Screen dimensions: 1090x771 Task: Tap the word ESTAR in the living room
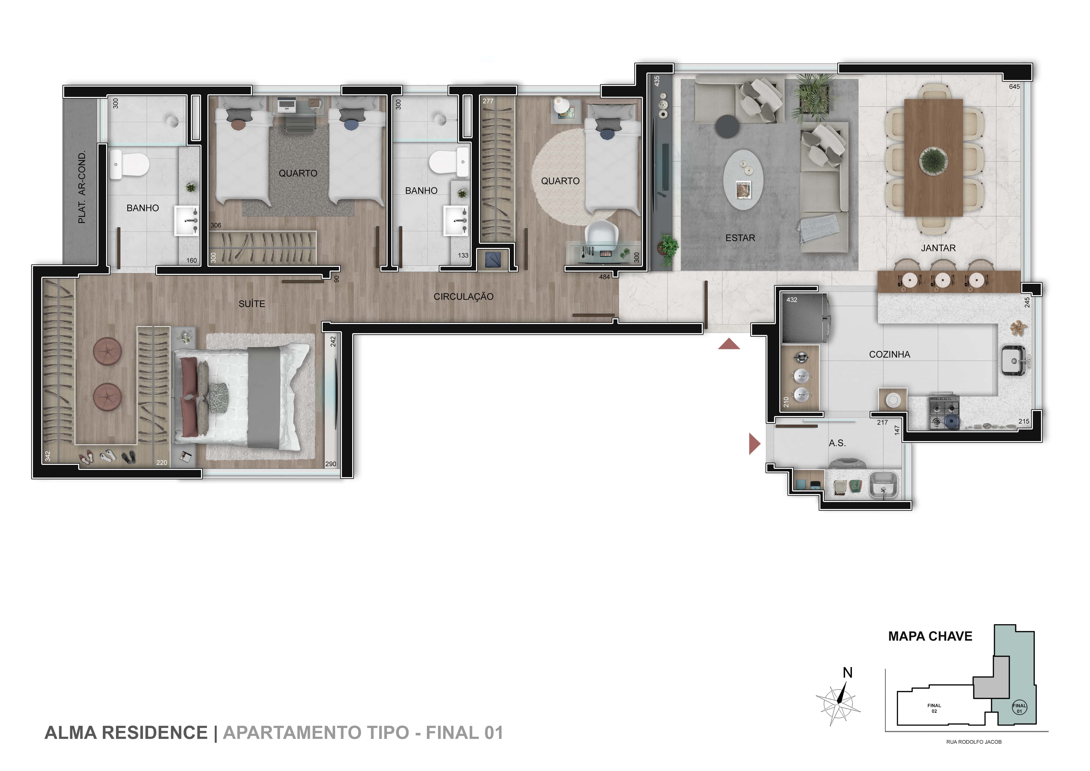tap(740, 238)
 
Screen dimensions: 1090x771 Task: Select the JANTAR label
tap(938, 248)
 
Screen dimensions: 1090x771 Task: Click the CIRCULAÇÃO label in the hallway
tap(463, 297)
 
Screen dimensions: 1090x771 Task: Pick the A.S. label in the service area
tap(837, 443)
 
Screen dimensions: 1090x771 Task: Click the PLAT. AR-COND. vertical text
tap(82, 187)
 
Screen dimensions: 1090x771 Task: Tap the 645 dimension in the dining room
tap(1014, 86)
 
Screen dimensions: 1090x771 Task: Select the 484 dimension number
tap(604, 277)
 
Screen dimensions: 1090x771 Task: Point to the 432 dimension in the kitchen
tap(792, 300)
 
